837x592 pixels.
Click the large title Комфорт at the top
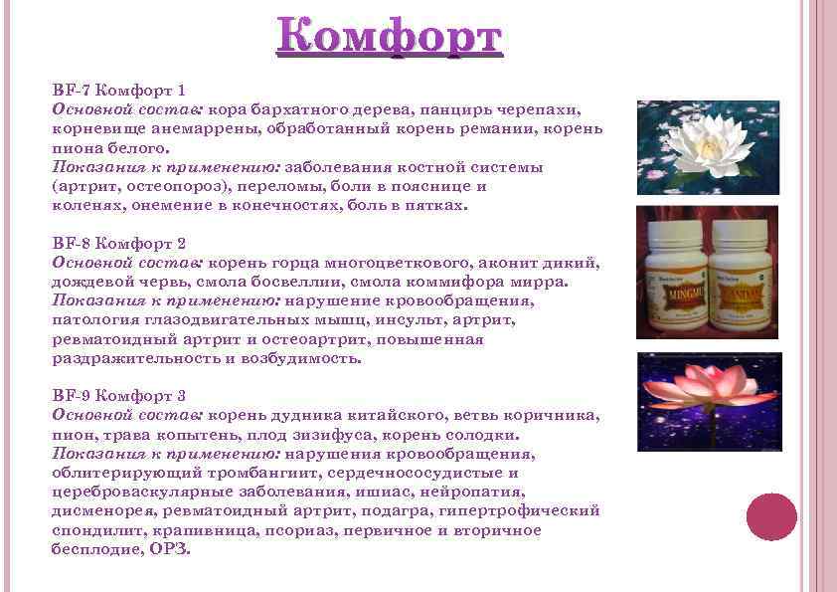(391, 39)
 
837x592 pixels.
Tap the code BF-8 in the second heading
(70, 243)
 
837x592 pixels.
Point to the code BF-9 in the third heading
(70, 396)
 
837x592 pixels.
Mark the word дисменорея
(96, 510)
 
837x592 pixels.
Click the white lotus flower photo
(707, 145)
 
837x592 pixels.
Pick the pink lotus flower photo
(707, 402)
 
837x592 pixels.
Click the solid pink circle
(772, 517)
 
